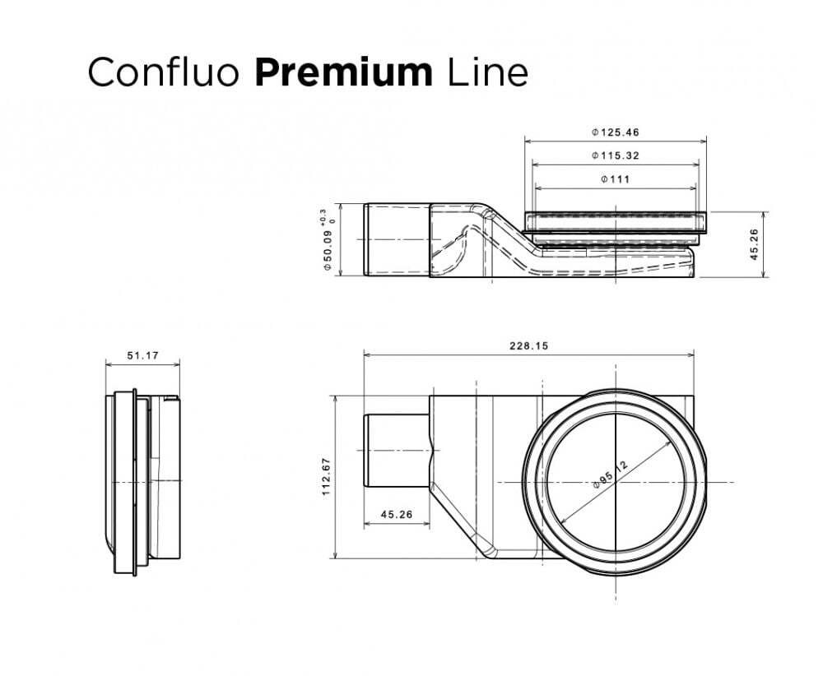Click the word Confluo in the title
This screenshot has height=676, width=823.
coord(163,72)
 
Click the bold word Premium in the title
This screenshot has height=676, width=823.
coord(342,72)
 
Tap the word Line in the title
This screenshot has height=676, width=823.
coord(487,72)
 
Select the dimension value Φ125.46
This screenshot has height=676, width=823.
coord(616,132)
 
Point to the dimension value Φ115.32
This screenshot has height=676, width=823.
coord(616,155)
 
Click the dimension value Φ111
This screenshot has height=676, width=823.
coord(616,179)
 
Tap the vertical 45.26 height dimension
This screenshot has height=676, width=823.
coord(754,244)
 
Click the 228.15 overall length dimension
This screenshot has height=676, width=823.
coord(529,346)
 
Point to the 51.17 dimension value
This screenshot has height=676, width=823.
coord(142,356)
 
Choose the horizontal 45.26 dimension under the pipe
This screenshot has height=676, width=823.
coord(397,515)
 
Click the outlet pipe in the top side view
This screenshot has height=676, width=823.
coord(395,239)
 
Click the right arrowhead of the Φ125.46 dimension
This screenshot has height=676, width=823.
coord(703,141)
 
